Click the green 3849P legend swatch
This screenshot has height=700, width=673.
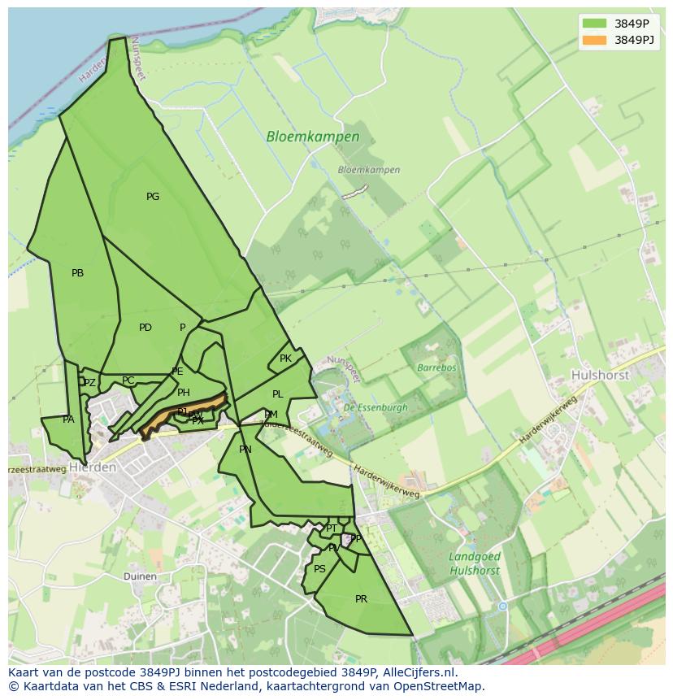tap(594, 24)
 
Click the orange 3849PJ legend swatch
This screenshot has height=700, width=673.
tap(594, 40)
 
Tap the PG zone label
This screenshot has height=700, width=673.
tap(153, 197)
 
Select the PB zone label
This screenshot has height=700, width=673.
tap(77, 273)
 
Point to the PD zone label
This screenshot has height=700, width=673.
tap(145, 328)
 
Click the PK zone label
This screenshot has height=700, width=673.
tap(285, 359)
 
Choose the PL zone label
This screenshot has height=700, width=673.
tap(277, 394)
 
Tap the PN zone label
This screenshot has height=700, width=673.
tap(245, 450)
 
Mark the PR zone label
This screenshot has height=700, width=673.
tap(361, 599)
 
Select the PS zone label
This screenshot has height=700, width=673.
tap(319, 569)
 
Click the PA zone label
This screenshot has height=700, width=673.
tap(68, 420)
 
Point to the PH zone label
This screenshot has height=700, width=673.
tap(184, 393)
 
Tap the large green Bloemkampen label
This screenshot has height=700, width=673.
tap(312, 137)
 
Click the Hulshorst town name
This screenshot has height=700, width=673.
tap(600, 376)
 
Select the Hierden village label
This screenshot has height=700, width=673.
tap(93, 467)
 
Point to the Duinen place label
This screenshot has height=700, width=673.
tap(140, 576)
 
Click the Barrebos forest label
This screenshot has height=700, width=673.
tap(436, 367)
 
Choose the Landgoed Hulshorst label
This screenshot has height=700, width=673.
tap(474, 563)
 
